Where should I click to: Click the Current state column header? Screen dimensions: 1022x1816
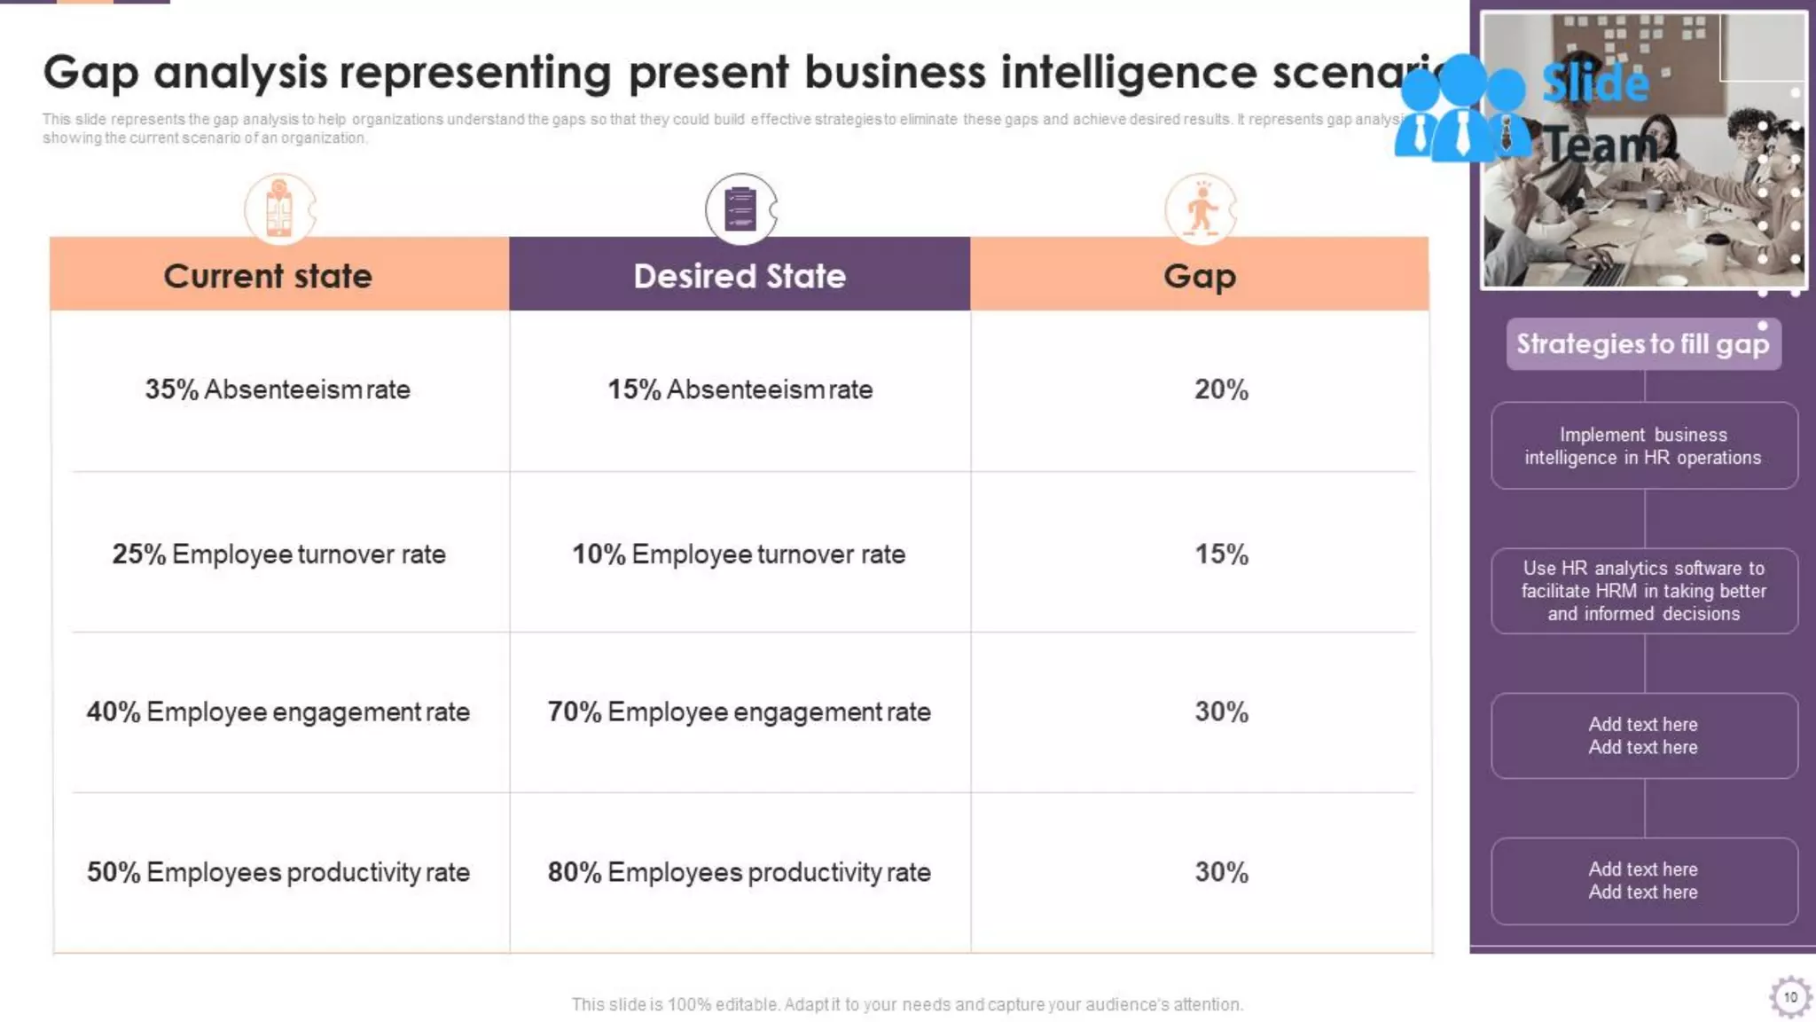[267, 276]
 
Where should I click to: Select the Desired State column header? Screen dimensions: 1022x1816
[740, 276]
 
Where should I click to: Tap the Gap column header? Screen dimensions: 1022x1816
[1199, 276]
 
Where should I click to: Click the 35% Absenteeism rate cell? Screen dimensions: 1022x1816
[278, 389]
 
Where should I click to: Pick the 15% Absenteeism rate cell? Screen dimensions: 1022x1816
[740, 389]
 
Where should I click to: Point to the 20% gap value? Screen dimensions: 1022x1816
[1221, 389]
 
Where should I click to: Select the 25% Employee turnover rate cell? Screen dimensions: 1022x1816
[278, 554]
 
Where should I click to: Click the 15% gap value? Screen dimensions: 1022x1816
[1221, 554]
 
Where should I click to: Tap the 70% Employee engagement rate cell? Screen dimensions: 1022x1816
[739, 711]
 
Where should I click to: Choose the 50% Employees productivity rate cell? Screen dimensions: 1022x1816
[278, 872]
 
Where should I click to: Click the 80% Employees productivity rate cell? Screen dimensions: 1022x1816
[739, 872]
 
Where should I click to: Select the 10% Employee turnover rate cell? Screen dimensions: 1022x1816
[739, 554]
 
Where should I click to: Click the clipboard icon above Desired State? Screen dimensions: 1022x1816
[740, 209]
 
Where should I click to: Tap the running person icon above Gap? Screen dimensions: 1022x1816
[1201, 209]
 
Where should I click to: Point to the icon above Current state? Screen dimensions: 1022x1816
[279, 209]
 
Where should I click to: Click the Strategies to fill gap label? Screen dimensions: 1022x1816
[1642, 344]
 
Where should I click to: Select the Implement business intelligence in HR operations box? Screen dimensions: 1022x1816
[1643, 446]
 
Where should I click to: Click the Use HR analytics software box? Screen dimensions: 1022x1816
[1643, 591]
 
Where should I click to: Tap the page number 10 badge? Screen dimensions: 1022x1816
[1789, 997]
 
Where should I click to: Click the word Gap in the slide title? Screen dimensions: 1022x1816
[90, 73]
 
